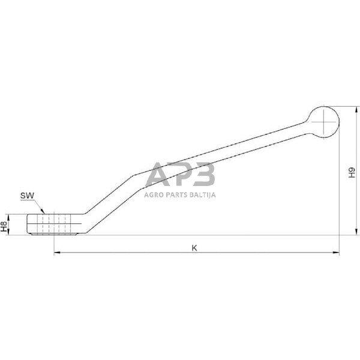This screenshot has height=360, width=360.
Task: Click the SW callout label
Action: point(27,196)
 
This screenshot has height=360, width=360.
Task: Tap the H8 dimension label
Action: point(4,226)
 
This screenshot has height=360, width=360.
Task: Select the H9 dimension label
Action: point(352,173)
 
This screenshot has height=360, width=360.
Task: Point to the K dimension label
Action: point(194,248)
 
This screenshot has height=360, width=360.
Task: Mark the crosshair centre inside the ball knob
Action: point(323,122)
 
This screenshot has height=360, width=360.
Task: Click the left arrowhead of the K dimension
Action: point(57,253)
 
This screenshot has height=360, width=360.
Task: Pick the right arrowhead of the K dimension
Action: point(336,253)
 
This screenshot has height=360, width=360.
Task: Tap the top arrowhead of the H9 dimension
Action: point(356,110)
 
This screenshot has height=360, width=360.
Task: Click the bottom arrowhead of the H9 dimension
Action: point(356,232)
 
